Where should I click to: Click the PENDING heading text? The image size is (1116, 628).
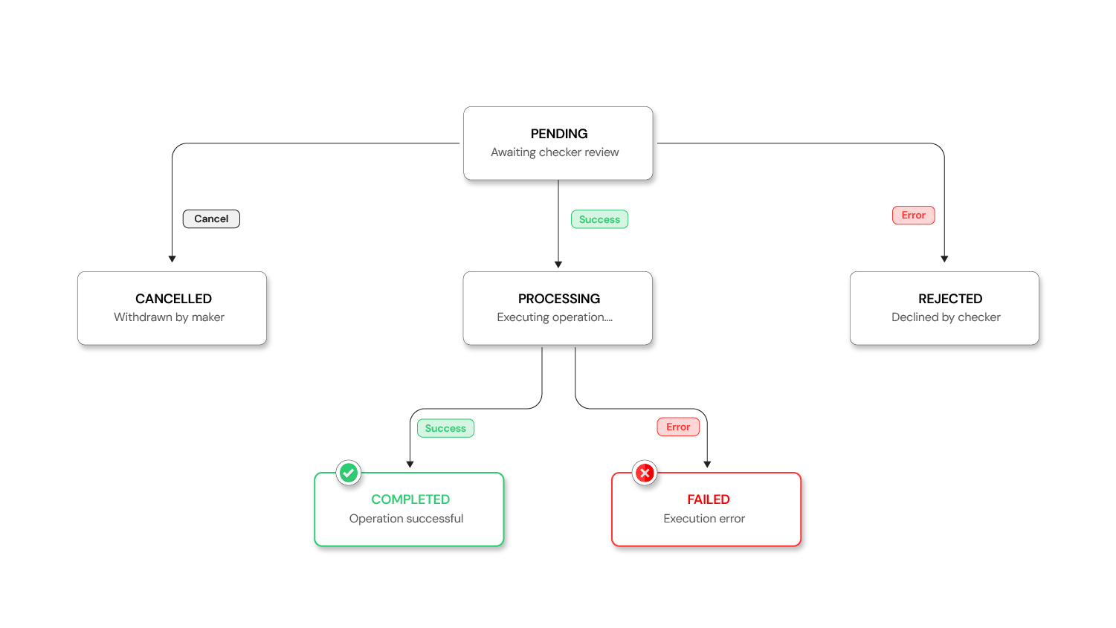[559, 134]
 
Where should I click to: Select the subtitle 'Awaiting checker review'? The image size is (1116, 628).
[555, 152]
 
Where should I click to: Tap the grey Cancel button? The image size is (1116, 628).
[211, 219]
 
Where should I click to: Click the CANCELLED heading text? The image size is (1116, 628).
[173, 299]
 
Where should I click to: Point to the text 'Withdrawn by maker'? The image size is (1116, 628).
[169, 317]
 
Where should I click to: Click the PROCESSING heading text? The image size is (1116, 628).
[559, 299]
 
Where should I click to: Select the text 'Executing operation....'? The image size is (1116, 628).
[555, 317]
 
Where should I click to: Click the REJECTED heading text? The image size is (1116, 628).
[950, 299]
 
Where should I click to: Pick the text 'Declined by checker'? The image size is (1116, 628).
[946, 317]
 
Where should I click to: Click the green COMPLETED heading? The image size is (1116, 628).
[410, 499]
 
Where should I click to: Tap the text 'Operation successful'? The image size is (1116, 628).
[406, 519]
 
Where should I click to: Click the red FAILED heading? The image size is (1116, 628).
[709, 499]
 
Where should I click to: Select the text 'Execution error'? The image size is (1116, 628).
[704, 519]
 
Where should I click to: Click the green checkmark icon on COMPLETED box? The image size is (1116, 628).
[349, 473]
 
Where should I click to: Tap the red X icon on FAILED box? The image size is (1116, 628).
[645, 473]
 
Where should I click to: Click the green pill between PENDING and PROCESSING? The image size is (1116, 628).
[599, 219]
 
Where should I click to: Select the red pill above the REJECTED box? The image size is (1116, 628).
[913, 216]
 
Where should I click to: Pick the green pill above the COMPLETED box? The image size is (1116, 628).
[445, 428]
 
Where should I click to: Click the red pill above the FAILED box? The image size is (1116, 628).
[678, 427]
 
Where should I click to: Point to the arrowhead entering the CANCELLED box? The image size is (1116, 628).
[172, 259]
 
